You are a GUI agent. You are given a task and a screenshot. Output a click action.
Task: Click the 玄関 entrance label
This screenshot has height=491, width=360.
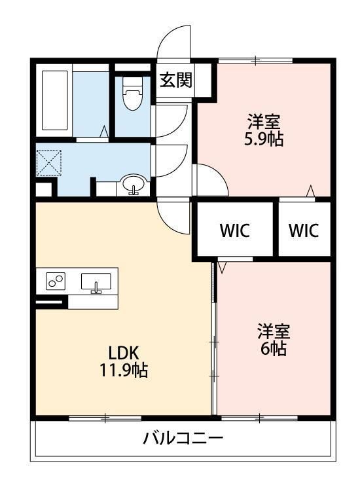[175, 80]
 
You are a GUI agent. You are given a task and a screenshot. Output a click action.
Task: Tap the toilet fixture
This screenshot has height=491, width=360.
[132, 93]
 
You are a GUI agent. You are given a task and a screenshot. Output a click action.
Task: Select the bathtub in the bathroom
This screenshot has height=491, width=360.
[55, 100]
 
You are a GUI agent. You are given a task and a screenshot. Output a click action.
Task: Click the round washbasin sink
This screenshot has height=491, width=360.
[134, 184]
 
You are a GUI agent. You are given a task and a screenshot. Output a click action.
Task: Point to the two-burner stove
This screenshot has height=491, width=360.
[56, 281]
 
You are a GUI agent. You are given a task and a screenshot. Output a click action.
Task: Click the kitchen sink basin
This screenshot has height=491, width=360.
[96, 282]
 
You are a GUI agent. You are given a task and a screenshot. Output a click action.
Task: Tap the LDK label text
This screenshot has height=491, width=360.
[123, 353]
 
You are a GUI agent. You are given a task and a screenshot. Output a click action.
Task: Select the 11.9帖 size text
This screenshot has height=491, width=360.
[123, 370]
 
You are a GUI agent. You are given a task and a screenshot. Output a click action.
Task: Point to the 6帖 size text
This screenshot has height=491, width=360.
[274, 348]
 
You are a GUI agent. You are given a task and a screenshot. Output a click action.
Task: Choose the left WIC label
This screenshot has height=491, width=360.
[235, 230]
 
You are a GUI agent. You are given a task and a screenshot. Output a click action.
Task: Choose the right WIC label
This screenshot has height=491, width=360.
[303, 230]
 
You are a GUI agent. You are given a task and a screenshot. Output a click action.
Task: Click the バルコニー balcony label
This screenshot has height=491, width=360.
[183, 437]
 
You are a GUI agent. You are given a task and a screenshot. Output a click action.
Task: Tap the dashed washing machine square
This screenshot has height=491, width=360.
[48, 163]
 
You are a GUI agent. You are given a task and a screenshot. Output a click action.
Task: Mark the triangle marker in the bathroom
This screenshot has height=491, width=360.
[104, 131]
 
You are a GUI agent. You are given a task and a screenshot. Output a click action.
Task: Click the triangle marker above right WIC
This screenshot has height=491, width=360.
[310, 191]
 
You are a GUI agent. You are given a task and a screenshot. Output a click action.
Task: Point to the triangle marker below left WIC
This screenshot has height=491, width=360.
[222, 267]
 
